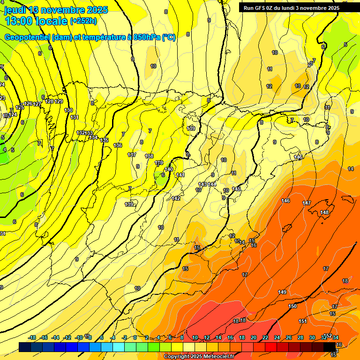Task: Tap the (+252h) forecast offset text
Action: point(83,21)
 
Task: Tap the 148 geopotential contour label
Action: point(324,213)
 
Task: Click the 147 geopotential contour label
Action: point(307,203)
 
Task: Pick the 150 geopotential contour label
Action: point(292,306)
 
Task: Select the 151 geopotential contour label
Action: point(303,321)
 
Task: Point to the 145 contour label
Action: point(236,189)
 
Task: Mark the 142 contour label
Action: point(176,199)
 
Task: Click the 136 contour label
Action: point(118,145)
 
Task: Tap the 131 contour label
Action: point(74,117)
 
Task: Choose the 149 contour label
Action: point(282,292)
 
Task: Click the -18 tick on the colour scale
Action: point(32,337)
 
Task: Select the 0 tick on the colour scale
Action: point(135,337)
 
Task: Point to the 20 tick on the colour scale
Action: point(254,337)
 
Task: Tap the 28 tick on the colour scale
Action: point(300,337)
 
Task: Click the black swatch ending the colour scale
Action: point(330,347)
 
